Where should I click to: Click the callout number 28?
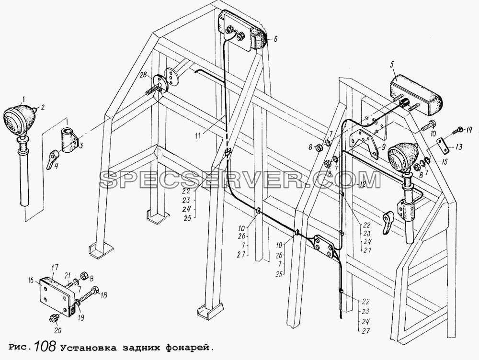pos(143,75)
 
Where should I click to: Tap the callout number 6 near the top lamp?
pos(275,38)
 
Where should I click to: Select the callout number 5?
pos(392,65)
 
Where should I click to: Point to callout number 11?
pos(198,135)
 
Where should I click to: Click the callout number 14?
pos(468,130)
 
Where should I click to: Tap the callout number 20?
pos(58,330)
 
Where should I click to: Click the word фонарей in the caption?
pos(188,348)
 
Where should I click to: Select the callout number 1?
pos(23,98)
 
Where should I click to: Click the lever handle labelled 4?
pos(51,159)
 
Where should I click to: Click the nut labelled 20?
pos(54,318)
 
